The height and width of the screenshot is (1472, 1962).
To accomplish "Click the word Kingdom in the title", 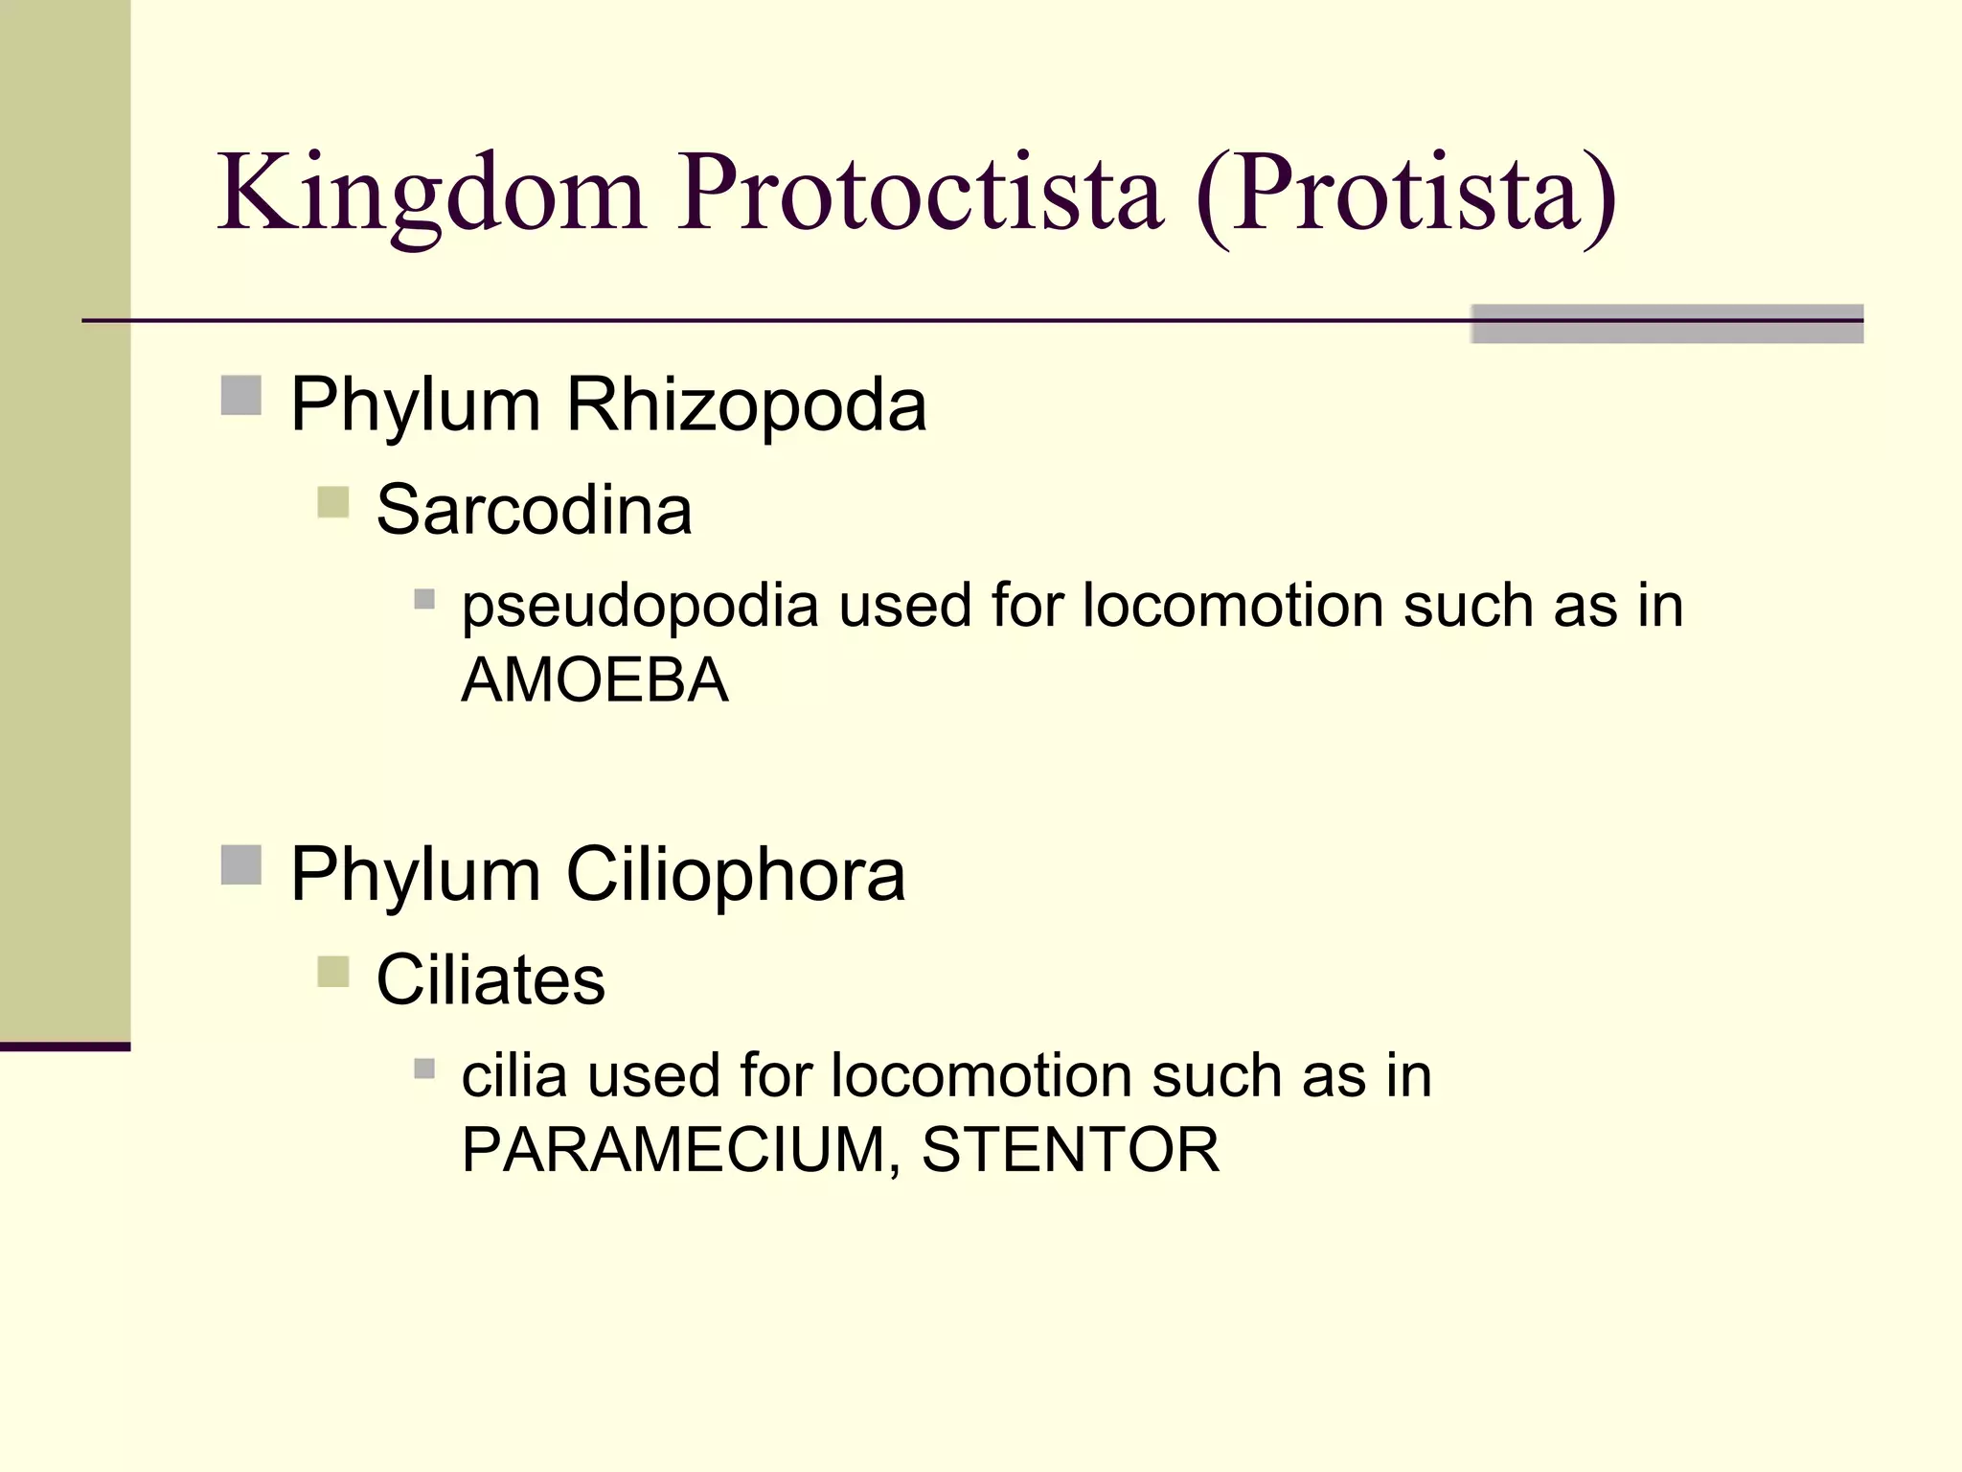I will tap(431, 196).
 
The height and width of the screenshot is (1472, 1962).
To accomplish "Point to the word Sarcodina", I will tap(534, 511).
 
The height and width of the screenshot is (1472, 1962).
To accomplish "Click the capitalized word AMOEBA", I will tap(594, 680).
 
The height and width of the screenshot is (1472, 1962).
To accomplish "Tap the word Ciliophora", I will tap(735, 875).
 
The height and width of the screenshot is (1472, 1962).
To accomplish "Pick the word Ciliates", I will tap(490, 980).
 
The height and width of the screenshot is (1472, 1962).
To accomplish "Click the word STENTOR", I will tap(1070, 1150).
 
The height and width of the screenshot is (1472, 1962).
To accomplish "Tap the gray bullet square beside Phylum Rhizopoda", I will tap(240, 395).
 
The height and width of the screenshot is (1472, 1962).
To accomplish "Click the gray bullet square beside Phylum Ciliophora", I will tap(240, 864).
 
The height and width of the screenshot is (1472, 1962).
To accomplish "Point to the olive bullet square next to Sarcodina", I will tap(332, 501).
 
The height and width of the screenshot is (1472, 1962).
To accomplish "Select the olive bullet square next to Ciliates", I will tap(332, 971).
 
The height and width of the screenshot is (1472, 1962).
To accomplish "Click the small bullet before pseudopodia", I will tap(424, 600).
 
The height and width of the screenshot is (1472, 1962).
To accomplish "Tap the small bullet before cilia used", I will tap(424, 1069).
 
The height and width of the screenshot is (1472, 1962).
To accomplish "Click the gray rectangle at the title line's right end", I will tap(1666, 323).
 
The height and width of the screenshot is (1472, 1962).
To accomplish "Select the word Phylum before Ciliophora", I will tap(415, 875).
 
